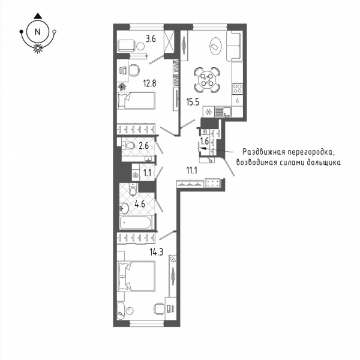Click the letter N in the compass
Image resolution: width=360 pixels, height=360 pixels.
coord(37,32)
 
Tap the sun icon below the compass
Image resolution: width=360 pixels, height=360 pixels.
coord(38,48)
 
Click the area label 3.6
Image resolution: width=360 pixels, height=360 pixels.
coord(151,39)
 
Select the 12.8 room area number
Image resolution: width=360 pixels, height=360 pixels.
coord(149,83)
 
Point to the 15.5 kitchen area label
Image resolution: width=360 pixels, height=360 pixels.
coord(193,102)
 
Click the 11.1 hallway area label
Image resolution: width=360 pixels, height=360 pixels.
coord(192,170)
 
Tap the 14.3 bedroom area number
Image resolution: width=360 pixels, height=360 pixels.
coord(157,253)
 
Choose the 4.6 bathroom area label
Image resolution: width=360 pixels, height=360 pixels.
coord(140,203)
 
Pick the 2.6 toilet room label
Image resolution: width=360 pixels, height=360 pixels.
coord(144,146)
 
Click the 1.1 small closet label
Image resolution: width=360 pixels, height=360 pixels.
coord(147,172)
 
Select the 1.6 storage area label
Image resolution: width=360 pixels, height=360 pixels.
coord(205,141)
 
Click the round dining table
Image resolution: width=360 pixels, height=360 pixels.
coord(206,80)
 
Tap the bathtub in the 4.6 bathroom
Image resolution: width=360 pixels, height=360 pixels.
coord(136,223)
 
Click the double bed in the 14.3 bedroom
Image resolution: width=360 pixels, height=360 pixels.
coord(136,276)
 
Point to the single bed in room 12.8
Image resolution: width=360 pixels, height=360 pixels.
coord(136,101)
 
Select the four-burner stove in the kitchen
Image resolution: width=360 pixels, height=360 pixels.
coord(238,89)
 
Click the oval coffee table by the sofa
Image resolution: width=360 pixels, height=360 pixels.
coord(216,46)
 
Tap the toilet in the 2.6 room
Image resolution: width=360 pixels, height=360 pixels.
coord(128,145)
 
